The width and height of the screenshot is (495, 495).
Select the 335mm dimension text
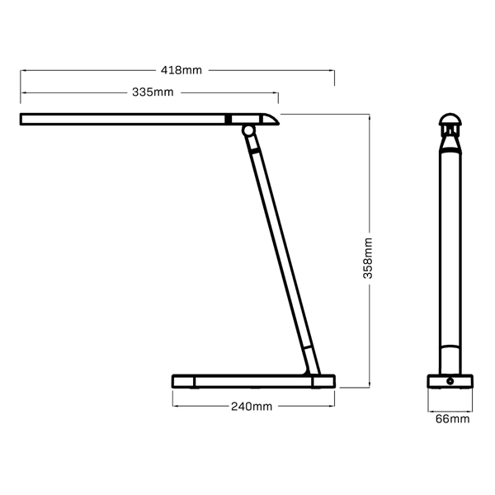pyautogui.click(x=153, y=92)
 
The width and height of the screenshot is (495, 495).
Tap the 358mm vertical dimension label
pyautogui.click(x=369, y=257)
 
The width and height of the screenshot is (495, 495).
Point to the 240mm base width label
pyautogui.click(x=252, y=407)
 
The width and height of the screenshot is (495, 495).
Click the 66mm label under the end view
pyautogui.click(x=452, y=419)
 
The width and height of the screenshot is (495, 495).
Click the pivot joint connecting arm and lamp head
pyautogui.click(x=247, y=130)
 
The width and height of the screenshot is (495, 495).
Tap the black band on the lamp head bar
pyautogui.click(x=229, y=120)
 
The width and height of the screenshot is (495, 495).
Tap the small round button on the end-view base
pyautogui.click(x=450, y=381)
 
